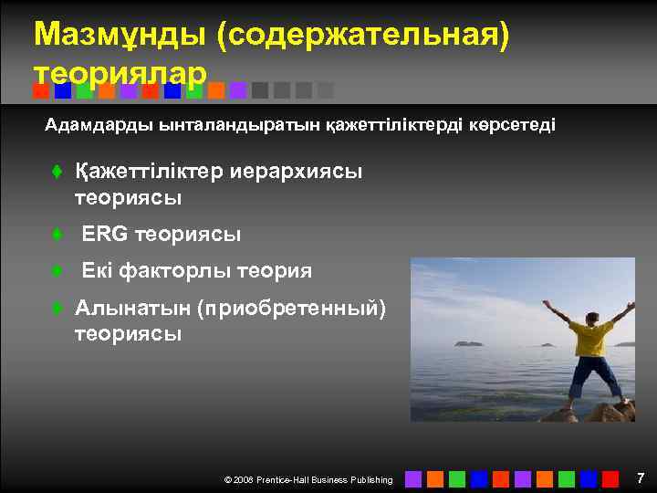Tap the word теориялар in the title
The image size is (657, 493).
120,71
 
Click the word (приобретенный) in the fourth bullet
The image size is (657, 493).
291,308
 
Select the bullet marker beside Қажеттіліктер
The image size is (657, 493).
56,172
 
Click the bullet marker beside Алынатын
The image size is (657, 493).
56,309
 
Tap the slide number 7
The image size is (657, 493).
640,477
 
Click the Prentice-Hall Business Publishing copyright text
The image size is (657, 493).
308,479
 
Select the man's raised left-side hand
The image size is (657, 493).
547,303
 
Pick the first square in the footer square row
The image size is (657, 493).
413,478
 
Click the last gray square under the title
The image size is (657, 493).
326,90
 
